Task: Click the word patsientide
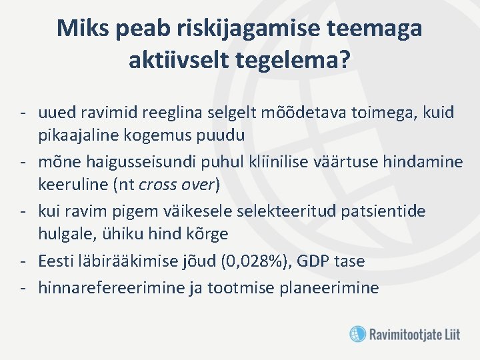(389, 211)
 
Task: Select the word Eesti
(57, 261)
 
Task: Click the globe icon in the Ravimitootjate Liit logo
(358, 333)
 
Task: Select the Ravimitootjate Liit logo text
(414, 333)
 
